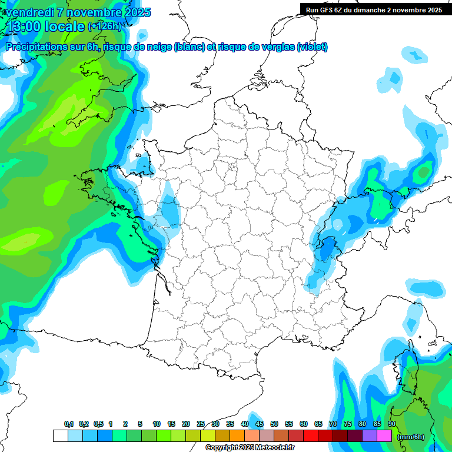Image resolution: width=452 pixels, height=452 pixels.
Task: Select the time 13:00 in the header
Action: point(25,26)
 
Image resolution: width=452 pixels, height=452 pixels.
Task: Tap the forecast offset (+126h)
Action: point(104,26)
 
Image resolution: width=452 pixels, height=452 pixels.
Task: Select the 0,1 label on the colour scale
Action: point(69,424)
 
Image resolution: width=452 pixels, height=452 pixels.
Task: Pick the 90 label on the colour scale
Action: point(392,424)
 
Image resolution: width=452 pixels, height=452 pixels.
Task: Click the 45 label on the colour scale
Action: point(260,424)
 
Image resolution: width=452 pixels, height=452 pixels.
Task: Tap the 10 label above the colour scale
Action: point(157,424)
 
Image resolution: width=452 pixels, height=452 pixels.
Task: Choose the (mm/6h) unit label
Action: point(411,437)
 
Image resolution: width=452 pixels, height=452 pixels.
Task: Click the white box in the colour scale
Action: point(60,436)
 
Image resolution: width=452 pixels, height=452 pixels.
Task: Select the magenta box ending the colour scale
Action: point(384,436)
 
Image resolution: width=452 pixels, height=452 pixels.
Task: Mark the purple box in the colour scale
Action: point(370,436)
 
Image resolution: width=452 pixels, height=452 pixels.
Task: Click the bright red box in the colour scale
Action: point(311,436)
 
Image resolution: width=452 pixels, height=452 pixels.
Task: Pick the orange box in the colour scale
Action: point(237,436)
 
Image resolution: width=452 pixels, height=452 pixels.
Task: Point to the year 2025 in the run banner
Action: point(434,10)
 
